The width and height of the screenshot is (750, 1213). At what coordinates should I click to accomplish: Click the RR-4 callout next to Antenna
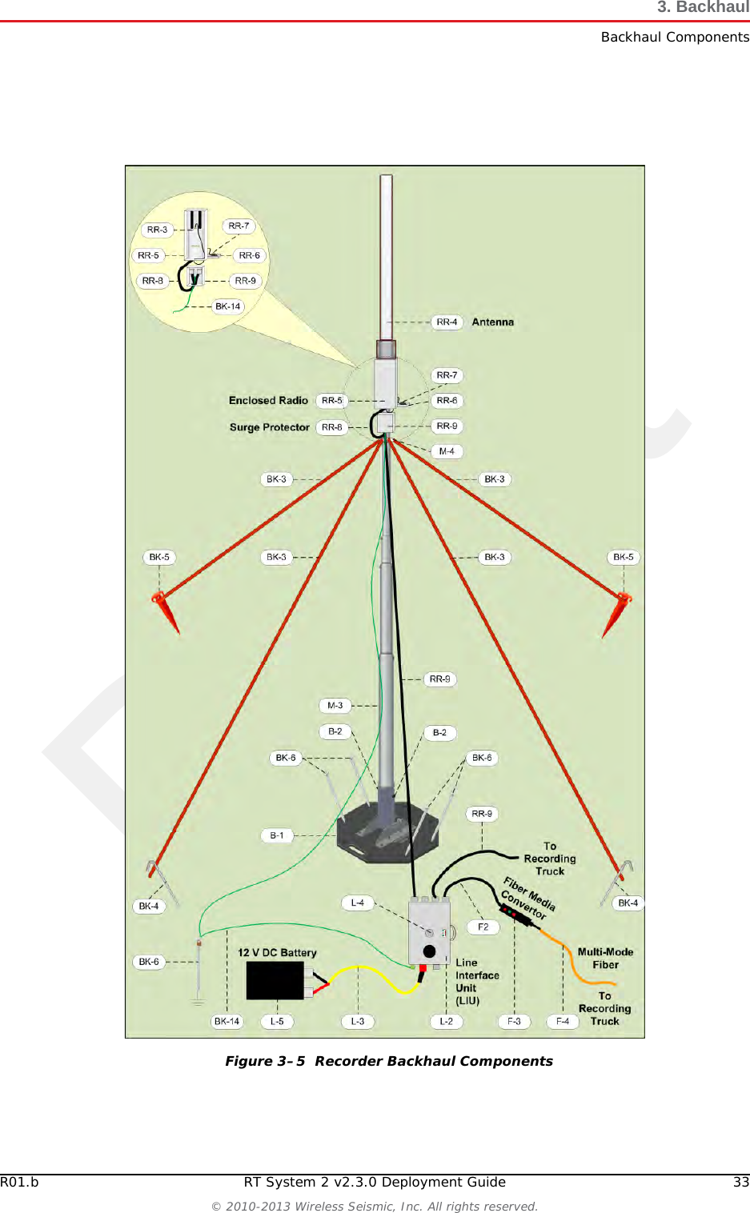click(x=447, y=322)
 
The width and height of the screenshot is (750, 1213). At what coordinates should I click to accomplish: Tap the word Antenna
click(x=492, y=322)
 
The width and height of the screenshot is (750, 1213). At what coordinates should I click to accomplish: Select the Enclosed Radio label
click(x=268, y=401)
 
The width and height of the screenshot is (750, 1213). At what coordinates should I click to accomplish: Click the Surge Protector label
click(x=269, y=427)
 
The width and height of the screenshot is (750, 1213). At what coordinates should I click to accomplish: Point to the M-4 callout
click(x=447, y=451)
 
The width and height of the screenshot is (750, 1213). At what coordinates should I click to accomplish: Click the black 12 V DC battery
click(x=275, y=980)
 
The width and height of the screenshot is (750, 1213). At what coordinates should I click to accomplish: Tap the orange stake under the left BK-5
click(x=166, y=611)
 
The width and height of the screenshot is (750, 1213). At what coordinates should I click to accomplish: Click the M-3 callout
click(x=335, y=706)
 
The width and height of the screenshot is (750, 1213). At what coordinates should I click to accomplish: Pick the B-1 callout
click(x=277, y=835)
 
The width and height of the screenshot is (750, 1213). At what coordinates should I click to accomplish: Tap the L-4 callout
click(x=357, y=903)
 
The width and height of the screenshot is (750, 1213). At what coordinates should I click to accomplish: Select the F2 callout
click(x=483, y=927)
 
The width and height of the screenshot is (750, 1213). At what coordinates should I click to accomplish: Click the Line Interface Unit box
click(x=429, y=931)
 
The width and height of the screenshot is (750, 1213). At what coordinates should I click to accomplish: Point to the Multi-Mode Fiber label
click(x=605, y=959)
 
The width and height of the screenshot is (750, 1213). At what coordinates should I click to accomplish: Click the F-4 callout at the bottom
click(x=563, y=1022)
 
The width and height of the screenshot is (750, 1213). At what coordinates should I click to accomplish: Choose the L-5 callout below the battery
click(x=277, y=1022)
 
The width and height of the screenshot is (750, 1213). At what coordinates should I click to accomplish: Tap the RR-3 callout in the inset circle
click(x=157, y=230)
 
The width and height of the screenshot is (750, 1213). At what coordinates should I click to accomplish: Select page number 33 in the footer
click(x=741, y=1182)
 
